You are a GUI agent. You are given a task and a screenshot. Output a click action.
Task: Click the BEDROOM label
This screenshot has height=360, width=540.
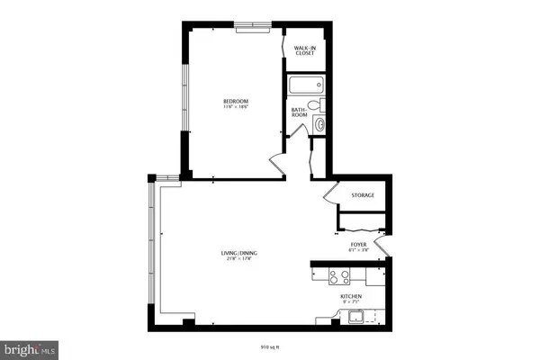[236, 100]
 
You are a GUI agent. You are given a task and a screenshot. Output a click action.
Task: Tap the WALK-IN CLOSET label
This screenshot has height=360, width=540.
[304, 51]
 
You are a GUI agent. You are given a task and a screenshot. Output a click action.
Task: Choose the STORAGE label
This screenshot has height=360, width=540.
[363, 195]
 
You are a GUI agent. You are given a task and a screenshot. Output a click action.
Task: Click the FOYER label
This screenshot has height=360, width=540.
[358, 243]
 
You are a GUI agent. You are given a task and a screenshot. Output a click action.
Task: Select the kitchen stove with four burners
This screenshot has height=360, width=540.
[343, 275]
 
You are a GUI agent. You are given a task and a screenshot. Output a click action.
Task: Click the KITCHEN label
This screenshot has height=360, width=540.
[350, 295]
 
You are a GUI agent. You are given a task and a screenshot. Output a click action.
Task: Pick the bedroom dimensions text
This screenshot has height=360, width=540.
[236, 107]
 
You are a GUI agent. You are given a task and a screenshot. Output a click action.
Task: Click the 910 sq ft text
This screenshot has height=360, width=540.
[270, 343]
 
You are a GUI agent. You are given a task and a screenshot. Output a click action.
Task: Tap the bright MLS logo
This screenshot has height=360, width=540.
[30, 345]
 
